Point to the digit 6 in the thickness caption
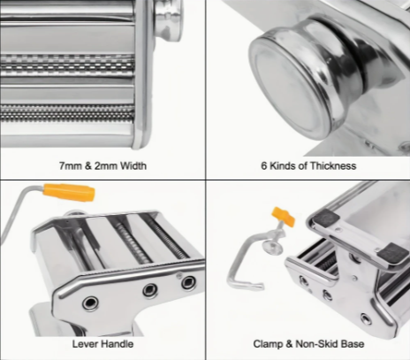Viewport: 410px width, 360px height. (x=263, y=165)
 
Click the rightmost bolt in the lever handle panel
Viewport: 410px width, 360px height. (x=188, y=282)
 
